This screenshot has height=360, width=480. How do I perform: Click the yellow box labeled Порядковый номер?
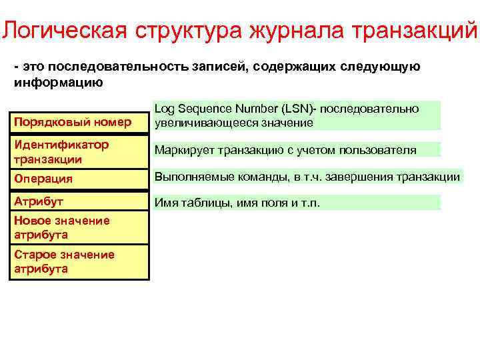coord(79,122)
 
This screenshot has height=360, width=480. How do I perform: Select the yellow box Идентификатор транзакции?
coord(79,151)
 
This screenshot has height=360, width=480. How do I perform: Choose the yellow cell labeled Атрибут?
coord(79,200)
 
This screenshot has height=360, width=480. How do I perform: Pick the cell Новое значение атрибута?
coord(79,227)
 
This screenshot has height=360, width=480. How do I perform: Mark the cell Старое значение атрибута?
coord(79,261)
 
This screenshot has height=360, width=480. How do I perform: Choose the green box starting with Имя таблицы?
coord(297,203)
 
